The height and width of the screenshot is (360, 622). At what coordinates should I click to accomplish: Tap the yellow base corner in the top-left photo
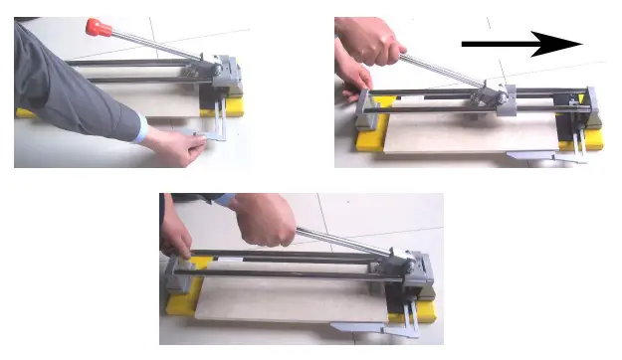236,106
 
